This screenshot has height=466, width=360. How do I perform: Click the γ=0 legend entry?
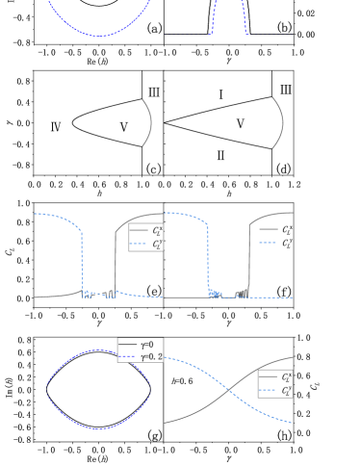[x=140, y=344]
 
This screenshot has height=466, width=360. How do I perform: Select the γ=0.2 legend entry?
[x=140, y=356]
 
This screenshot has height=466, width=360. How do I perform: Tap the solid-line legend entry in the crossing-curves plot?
[x=275, y=377]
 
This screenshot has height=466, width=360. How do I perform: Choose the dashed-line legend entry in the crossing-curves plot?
[x=275, y=391]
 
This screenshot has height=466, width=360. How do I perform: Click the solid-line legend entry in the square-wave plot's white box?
[x=146, y=231]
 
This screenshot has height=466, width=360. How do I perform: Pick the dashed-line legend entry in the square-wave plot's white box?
[x=146, y=245]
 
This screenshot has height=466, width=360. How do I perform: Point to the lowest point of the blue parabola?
[x=98, y=37]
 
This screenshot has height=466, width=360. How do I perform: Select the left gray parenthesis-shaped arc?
[x=148, y=122]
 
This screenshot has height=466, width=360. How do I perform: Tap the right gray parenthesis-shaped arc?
[x=279, y=122]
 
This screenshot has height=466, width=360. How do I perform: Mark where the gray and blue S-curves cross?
[x=229, y=390]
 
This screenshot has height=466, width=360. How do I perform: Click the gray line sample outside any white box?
[x=269, y=229]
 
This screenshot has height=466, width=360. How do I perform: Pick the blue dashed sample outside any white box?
[x=269, y=243]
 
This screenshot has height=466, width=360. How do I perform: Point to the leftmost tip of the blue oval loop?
[x=47, y=388]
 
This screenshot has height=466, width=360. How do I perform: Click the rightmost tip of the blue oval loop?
[x=150, y=388]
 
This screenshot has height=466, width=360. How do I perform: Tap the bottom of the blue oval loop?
[x=98, y=426]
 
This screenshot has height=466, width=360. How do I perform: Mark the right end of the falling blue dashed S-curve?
[x=292, y=421]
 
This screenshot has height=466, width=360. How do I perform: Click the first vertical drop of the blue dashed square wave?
[x=83, y=260]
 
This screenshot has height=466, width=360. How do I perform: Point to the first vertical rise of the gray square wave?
[x=116, y=260]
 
